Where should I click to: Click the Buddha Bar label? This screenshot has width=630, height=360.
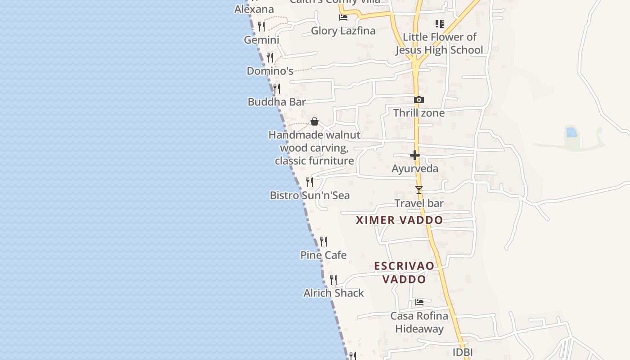click(277, 102)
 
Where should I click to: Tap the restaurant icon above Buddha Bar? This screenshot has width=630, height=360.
click(277, 88)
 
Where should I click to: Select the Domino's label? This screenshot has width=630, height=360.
click(270, 71)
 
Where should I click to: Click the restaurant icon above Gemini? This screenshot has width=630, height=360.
click(261, 26)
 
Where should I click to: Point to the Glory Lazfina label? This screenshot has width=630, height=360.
click(343, 31)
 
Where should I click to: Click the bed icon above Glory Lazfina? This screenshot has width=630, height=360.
click(343, 18)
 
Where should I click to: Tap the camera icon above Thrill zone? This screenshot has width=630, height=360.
click(419, 99)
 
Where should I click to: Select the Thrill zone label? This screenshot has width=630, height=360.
click(419, 113)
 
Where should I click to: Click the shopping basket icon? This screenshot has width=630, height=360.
click(315, 121)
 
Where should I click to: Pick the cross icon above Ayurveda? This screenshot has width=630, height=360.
click(415, 156)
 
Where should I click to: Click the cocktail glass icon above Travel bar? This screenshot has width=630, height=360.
click(419, 190)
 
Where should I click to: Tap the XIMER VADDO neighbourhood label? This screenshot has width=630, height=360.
click(399, 220)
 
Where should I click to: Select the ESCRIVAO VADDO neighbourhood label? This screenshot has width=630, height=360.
click(404, 272)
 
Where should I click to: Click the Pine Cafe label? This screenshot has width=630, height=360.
click(324, 255)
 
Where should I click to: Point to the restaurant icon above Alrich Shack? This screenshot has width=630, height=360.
click(333, 280)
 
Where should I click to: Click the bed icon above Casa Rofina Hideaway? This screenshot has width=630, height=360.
click(419, 302)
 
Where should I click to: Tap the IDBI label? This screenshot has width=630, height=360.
click(463, 352)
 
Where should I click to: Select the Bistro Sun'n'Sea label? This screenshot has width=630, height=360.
click(310, 195)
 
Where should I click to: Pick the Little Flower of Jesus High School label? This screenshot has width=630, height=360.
click(439, 43)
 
